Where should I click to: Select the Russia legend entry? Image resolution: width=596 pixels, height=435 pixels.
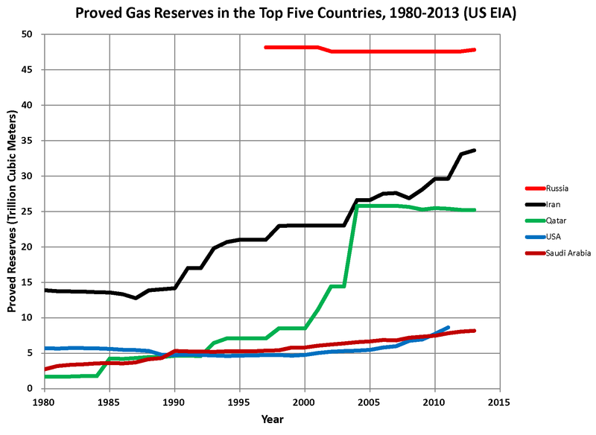555,187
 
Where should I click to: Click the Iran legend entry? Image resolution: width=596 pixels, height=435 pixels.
552,204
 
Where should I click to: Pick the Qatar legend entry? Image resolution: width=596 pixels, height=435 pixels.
554,220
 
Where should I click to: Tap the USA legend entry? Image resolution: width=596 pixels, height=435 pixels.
552,238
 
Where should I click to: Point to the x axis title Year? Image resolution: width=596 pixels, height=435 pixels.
272,420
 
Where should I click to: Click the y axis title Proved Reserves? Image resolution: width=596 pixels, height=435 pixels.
13,212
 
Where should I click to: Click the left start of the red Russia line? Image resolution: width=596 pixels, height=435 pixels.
266,48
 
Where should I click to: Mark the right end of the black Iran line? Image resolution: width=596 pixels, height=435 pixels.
474,150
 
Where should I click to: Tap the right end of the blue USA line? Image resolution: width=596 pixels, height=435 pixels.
448,327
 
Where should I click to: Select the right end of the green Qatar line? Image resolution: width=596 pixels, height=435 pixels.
474,210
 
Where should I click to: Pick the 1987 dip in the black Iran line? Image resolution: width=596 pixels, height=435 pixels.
136,298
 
